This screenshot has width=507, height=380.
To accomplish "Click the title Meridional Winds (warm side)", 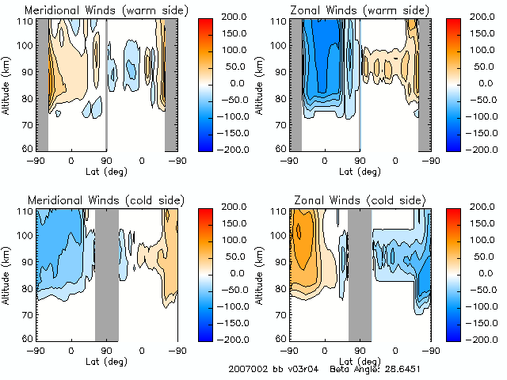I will (x=107, y=9).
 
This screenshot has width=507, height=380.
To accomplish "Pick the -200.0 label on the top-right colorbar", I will (x=483, y=149).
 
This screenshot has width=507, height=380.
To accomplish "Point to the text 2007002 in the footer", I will (x=246, y=369).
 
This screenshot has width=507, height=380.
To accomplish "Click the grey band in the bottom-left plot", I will (x=106, y=274).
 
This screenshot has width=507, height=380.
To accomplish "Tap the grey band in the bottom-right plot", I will (x=360, y=274).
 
